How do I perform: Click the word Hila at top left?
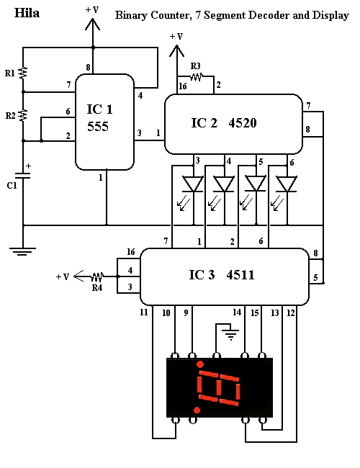pos(27,13)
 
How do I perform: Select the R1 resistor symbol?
pos(23,73)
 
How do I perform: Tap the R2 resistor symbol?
pos(23,115)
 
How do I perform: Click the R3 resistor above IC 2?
pos(197,77)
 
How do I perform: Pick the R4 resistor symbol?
pos(97,276)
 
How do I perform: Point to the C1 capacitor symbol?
pos(23,176)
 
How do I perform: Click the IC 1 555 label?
pos(99,118)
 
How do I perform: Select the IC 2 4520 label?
pos(224,123)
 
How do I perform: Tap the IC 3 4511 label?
pos(222,275)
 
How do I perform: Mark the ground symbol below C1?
pos(23,251)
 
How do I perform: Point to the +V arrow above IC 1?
pos(93,24)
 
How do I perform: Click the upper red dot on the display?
pos(200,364)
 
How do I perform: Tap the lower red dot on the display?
pos(197,410)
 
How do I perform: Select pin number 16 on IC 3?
pos(131,252)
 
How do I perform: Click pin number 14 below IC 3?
pos(237,312)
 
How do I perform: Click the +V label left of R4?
pos(63,277)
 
